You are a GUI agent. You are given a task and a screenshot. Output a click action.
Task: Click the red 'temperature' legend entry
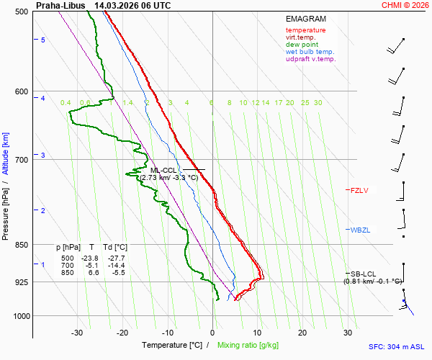[305, 30]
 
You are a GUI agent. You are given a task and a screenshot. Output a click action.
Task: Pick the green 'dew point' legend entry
[301, 45]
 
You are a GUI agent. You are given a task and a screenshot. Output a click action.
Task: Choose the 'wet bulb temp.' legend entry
[310, 52]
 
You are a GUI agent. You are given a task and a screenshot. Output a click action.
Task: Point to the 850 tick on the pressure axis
[21, 245]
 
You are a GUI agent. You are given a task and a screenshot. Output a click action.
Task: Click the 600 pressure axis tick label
[21, 91]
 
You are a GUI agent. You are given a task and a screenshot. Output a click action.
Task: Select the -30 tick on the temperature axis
[78, 333]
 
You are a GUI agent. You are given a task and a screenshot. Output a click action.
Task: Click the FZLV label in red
[359, 191]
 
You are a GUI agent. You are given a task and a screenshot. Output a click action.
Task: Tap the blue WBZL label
[359, 230]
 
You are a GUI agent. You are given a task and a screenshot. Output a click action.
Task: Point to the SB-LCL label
[364, 274]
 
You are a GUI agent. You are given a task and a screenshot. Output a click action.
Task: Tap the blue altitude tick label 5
[43, 40]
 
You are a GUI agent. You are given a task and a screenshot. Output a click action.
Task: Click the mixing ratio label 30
[318, 103]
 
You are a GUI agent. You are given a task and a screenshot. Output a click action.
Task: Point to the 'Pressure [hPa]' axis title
[6, 210]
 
